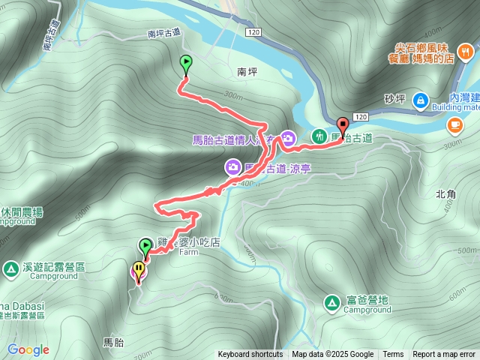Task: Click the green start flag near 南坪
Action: click(x=186, y=64)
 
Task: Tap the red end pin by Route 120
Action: click(x=343, y=126)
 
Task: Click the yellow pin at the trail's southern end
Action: click(x=139, y=268)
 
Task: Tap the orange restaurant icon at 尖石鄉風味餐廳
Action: click(x=466, y=50)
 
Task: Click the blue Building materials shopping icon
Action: click(x=420, y=98)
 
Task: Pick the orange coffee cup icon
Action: click(x=455, y=124)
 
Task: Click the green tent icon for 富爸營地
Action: click(x=331, y=302)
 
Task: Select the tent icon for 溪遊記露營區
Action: click(x=10, y=268)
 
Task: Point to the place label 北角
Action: click(x=445, y=193)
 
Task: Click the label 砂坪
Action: click(x=394, y=98)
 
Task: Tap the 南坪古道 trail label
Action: click(x=164, y=33)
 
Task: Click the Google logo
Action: click(x=28, y=349)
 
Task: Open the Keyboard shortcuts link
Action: click(x=250, y=355)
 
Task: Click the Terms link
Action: click(x=393, y=355)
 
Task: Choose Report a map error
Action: click(x=444, y=355)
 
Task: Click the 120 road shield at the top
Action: click(x=253, y=33)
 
